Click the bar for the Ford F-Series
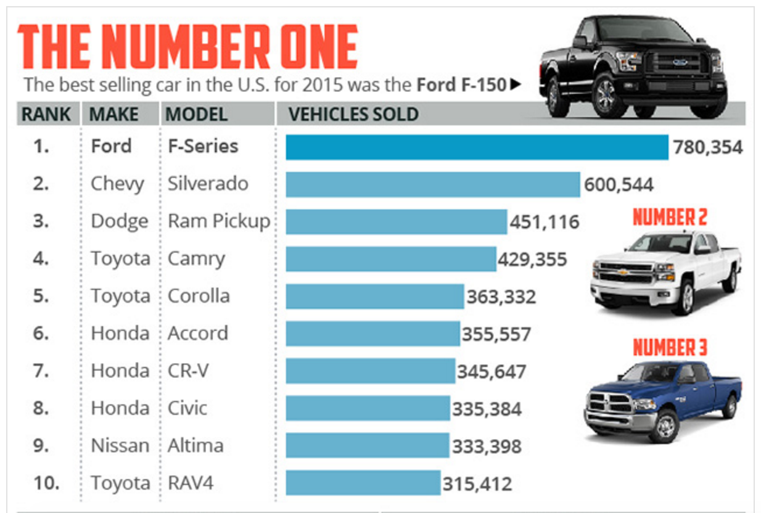pyautogui.click(x=477, y=147)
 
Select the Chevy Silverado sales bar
pyautogui.click(x=432, y=184)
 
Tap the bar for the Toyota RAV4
pyautogui.click(x=363, y=483)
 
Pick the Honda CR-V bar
pyautogui.click(x=370, y=371)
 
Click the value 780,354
pyautogui.click(x=707, y=148)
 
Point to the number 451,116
pyautogui.click(x=545, y=222)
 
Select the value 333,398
pyautogui.click(x=487, y=446)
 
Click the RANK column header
pyautogui.click(x=46, y=114)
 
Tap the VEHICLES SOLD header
pyautogui.click(x=353, y=114)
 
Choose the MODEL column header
pyautogui.click(x=197, y=114)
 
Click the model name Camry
pyautogui.click(x=196, y=260)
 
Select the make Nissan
pyautogui.click(x=120, y=446)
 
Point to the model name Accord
pyautogui.click(x=198, y=334)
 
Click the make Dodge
pyautogui.click(x=120, y=221)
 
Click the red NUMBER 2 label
pyautogui.click(x=669, y=217)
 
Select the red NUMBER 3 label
pyautogui.click(x=669, y=348)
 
